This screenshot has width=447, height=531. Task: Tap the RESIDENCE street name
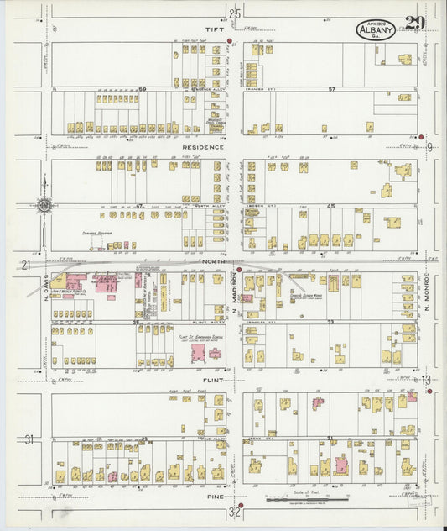pos(202,147)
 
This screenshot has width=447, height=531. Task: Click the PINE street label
pos(216,497)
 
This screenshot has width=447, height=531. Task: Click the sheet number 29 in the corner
pos(413,24)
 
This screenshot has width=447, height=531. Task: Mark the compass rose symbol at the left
pos(44,204)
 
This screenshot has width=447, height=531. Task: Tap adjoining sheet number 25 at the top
pos(236,13)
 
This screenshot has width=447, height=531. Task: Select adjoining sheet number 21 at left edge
pos(26,265)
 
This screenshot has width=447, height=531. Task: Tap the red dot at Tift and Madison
pos(229,39)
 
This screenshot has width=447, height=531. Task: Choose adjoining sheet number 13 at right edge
pos(426,381)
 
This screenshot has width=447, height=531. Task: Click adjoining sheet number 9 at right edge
pos(429,148)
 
